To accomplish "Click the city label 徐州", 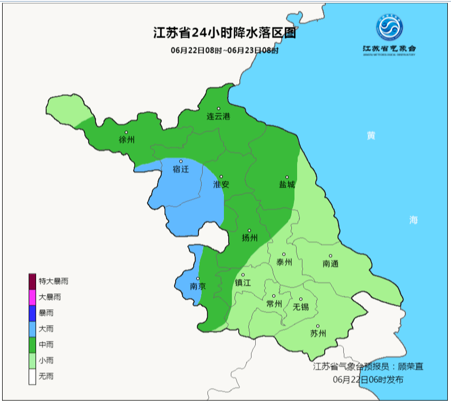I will [x=127, y=140].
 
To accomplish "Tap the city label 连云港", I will [x=218, y=116].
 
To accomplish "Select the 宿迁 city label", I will [x=181, y=169].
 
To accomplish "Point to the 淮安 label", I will [x=221, y=185].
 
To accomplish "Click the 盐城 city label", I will [x=287, y=185].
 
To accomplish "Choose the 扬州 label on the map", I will [x=249, y=238].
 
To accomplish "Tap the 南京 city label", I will [x=198, y=286].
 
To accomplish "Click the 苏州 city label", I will [x=318, y=333].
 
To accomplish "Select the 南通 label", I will [x=330, y=263].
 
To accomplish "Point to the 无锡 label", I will [x=300, y=307].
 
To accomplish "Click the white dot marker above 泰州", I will [x=284, y=254].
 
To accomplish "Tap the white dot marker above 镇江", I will [x=243, y=275].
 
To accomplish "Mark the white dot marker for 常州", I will [x=274, y=296].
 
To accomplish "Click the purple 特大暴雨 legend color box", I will [x=32, y=281].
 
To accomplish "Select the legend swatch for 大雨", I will [x=32, y=329].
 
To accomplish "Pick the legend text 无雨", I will [x=46, y=376].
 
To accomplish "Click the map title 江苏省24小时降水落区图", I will [x=224, y=34].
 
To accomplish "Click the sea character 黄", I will [x=371, y=136].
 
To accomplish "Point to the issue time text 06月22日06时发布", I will [x=368, y=380].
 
